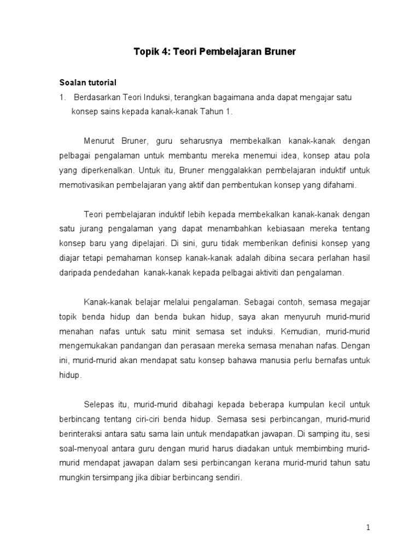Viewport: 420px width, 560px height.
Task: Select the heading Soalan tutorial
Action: tap(88, 83)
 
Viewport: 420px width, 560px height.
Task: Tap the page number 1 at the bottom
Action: tap(369, 527)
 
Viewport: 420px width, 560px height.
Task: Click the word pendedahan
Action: tap(115, 272)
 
